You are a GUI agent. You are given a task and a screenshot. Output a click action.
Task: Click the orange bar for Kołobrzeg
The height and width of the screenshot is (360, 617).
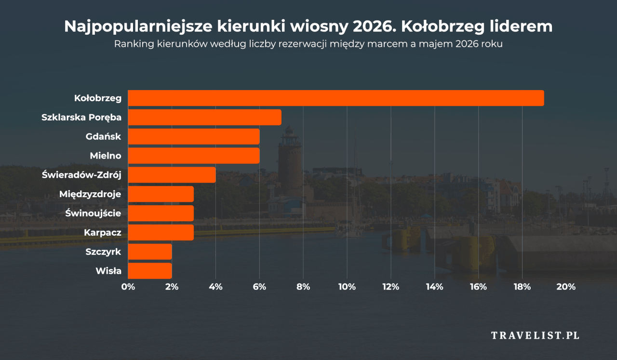pos(335,98)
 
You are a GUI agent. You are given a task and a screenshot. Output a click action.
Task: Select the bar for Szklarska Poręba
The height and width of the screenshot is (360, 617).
pos(204,117)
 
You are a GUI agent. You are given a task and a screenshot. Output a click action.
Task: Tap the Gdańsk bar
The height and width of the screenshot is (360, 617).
pos(193,136)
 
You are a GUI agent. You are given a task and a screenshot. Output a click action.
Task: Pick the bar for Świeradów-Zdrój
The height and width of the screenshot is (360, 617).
pos(172,175)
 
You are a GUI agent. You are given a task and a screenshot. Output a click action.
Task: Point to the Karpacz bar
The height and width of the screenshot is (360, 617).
pos(161,232)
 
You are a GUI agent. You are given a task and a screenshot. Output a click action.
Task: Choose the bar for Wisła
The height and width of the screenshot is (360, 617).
pos(149,271)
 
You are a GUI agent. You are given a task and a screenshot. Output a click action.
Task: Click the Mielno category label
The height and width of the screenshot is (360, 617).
pos(106,156)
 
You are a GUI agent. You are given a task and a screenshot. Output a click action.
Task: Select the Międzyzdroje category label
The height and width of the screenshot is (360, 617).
pos(90,194)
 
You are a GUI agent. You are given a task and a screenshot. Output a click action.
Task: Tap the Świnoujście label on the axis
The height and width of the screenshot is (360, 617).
pos(93,213)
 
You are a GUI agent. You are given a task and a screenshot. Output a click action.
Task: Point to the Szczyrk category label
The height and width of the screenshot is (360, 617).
pos(103,252)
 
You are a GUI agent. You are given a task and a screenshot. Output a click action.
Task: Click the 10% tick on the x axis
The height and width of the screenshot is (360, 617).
pos(347,287)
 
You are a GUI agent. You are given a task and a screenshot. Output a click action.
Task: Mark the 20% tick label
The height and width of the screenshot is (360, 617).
pos(566,287)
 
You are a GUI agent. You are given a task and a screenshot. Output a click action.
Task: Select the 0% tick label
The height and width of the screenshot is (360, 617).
pos(128,287)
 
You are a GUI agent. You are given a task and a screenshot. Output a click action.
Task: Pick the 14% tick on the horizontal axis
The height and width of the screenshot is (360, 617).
pos(434,287)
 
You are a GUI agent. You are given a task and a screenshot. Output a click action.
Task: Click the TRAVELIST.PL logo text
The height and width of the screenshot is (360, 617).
pos(535,335)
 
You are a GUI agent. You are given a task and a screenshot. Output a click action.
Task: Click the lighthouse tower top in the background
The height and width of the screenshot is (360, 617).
pos(290,131)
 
